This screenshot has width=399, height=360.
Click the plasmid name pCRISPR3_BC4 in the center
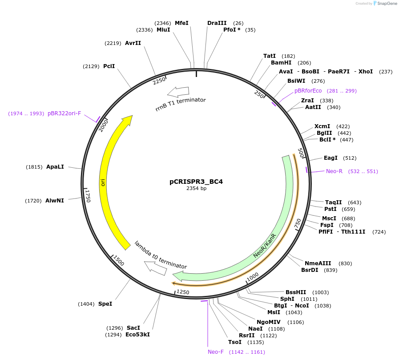coord(196,182)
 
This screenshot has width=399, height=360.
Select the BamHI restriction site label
coord(281,63)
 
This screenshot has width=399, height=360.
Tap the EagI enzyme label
coord(330,158)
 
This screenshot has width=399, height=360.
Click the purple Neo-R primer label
coord(334,171)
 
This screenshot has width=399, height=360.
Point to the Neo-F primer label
coord(216,352)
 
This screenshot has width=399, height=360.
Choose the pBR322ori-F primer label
coord(64,113)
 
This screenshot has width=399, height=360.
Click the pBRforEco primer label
coord(308,91)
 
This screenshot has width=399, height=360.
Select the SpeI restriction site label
coord(105,304)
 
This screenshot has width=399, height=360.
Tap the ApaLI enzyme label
coord(55,167)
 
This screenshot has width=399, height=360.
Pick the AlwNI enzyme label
coord(55,201)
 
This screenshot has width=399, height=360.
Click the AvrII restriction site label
coord(133,43)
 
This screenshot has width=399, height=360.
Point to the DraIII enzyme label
coord(217,23)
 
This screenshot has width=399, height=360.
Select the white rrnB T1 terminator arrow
coord(177,92)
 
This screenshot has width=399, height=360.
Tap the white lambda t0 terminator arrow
coord(155,268)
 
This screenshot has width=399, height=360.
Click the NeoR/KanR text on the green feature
coord(265,246)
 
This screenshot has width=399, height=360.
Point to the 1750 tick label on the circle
coord(88,196)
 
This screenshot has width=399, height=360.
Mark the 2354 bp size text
coord(196,189)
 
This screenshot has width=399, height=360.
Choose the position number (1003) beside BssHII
coord(320,292)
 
